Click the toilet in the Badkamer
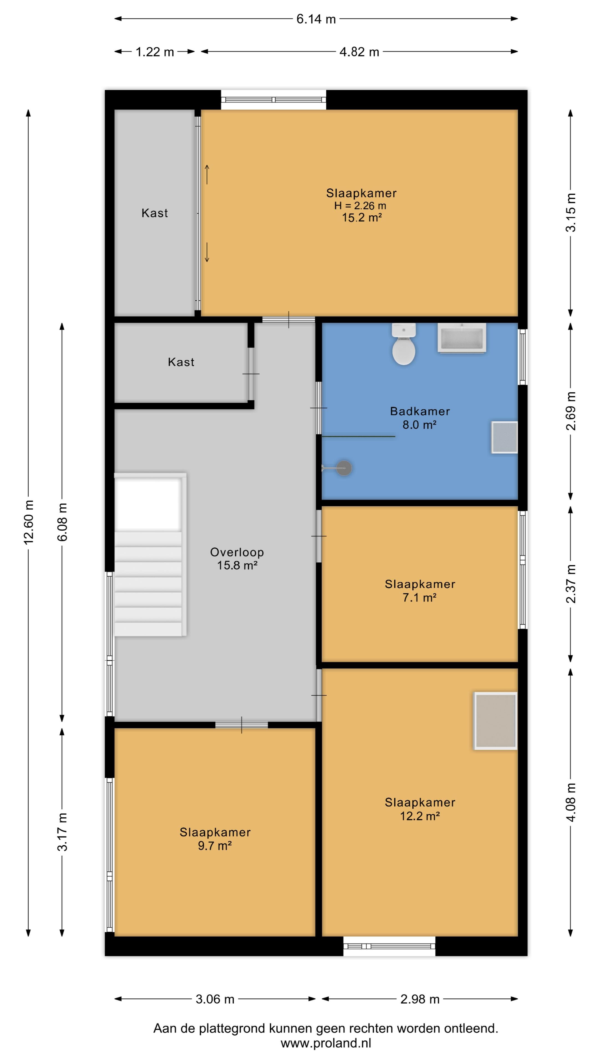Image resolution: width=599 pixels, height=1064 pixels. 403,344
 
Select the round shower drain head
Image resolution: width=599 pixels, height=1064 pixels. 344,468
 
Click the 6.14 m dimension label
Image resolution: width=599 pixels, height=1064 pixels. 316,19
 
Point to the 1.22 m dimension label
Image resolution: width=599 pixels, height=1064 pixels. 155,52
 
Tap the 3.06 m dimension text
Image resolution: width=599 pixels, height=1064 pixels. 215,999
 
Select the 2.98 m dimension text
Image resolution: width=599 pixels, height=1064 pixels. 420,999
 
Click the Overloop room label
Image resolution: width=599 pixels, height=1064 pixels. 237,552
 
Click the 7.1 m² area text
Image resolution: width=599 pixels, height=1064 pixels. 420,598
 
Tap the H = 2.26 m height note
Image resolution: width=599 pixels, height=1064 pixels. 361,206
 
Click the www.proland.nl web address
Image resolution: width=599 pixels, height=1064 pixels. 326,1043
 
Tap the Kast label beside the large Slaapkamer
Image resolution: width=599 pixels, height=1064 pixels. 155,213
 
